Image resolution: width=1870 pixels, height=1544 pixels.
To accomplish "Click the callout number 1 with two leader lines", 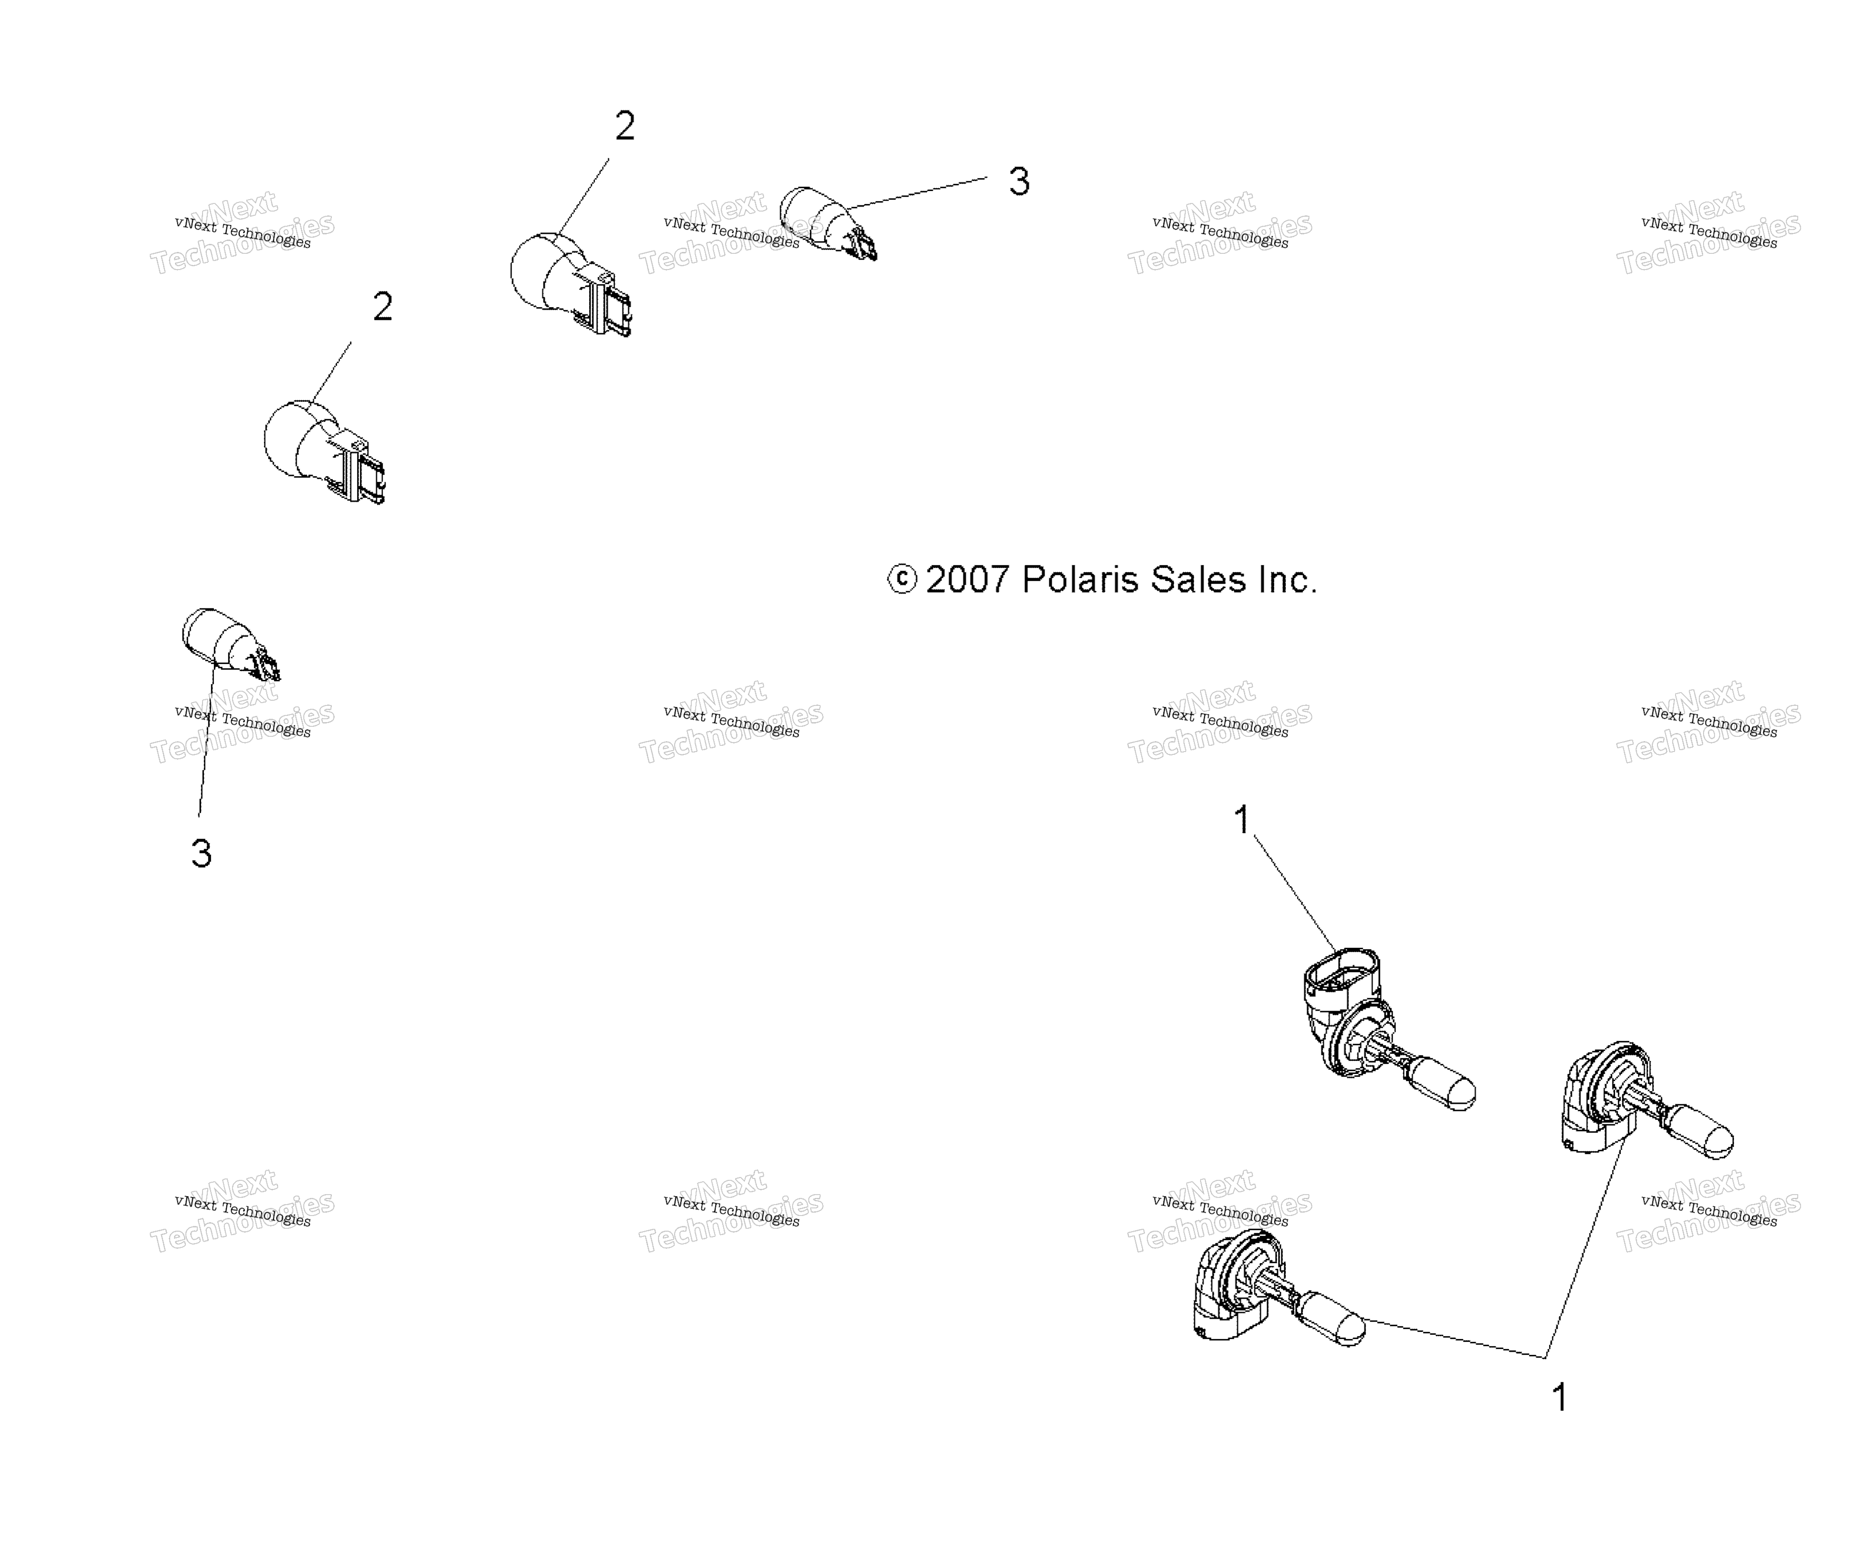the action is [x=1560, y=1397].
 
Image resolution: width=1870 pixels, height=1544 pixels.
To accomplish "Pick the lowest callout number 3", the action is [x=201, y=854].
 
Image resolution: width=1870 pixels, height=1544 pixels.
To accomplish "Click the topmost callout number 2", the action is [x=625, y=126].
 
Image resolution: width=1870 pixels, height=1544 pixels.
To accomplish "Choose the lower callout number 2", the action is [x=383, y=307].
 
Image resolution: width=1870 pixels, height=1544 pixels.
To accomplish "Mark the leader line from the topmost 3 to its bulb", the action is [x=917, y=193].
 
